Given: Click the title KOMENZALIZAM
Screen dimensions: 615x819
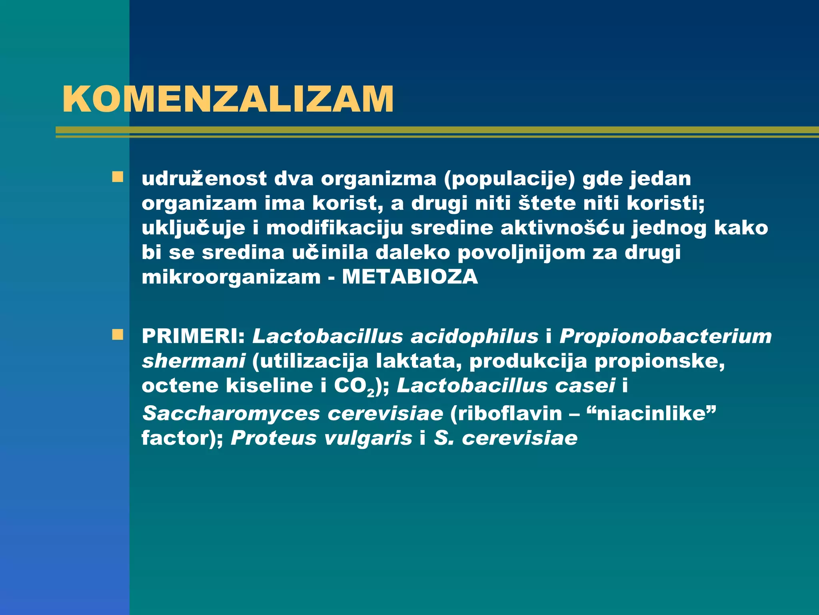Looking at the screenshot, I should coord(228,99).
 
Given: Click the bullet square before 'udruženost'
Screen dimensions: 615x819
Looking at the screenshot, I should coord(118,177).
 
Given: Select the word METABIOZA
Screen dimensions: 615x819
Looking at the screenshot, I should coord(410,277).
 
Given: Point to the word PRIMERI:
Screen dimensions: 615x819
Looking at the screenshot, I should coord(193,336).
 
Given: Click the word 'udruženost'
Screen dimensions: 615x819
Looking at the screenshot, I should coord(204,179).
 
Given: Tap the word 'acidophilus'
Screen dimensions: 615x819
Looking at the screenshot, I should coord(475,336).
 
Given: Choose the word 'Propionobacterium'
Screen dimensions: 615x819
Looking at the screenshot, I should coord(665,336).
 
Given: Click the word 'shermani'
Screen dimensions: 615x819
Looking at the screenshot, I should coord(194,361).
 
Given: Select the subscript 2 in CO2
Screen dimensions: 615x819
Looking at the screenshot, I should coord(371,392).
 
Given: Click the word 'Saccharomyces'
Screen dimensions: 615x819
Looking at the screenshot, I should coord(231,414).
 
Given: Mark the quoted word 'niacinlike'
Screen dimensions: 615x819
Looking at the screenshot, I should coord(652,413).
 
